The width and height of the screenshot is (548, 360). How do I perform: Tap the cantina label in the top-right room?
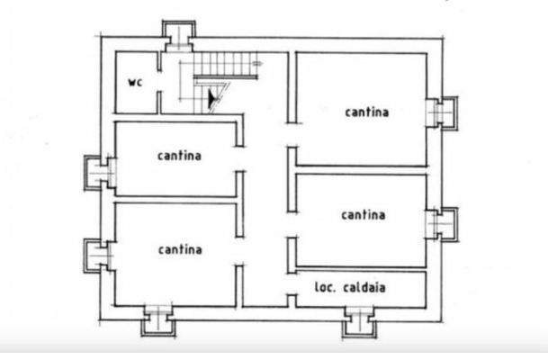point(366,112)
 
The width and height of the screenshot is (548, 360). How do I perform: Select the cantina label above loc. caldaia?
point(364,214)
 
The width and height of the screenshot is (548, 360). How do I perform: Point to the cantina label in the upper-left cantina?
point(179,155)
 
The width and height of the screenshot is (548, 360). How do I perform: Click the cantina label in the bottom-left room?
point(179,248)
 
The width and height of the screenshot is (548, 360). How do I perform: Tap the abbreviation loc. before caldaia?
point(325,288)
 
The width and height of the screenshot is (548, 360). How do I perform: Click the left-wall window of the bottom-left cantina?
point(99,255)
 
